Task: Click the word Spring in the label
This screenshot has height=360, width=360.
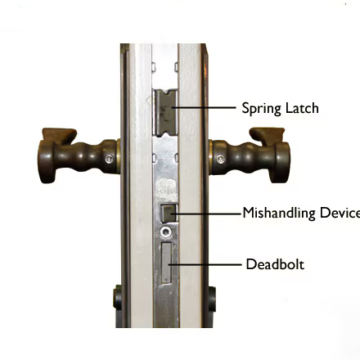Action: pos(259,108)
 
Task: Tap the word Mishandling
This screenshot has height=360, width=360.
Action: pos(279,214)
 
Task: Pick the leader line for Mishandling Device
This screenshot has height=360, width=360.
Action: pos(205,214)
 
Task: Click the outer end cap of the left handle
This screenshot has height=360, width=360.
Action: pos(44,162)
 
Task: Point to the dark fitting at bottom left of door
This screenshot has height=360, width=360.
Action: pos(118,298)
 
